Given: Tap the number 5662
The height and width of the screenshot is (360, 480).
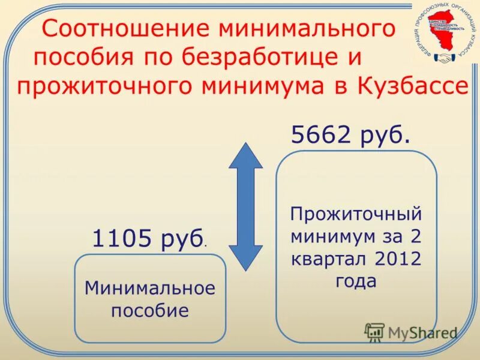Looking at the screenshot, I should click(322, 135).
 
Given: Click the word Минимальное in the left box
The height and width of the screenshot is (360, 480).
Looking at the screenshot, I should click(150, 289).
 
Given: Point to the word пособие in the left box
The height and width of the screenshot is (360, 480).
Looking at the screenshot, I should click(150, 311).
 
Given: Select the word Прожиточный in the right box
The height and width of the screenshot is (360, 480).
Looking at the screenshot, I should click(356, 214).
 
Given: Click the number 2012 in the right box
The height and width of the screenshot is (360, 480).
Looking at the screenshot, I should click(397, 259).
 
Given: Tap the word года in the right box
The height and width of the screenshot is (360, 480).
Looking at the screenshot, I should click(356, 281).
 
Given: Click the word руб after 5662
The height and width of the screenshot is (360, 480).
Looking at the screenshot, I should click(385, 135).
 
